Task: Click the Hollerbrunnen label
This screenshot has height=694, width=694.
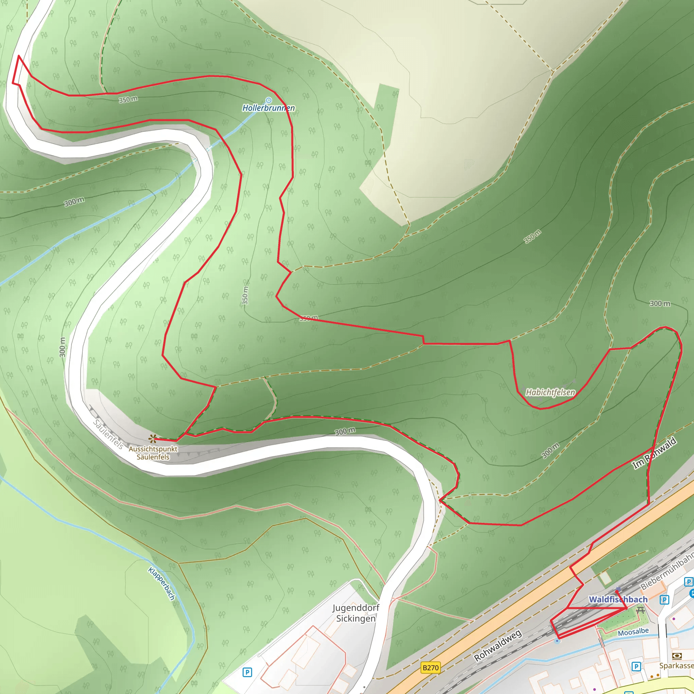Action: click(x=268, y=108)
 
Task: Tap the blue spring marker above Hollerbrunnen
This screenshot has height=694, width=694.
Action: click(x=268, y=100)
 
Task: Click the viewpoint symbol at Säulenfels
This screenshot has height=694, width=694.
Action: click(x=153, y=438)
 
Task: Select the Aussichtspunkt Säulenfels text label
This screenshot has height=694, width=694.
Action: click(x=153, y=453)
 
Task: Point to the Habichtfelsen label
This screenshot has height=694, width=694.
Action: click(x=550, y=392)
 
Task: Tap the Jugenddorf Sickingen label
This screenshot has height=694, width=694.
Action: click(x=355, y=613)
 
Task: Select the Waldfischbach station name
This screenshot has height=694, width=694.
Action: click(x=618, y=599)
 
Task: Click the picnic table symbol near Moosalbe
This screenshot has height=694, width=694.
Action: click(x=640, y=610)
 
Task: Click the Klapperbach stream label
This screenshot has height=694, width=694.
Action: click(x=161, y=584)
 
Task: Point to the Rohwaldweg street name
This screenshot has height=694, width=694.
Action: click(x=497, y=646)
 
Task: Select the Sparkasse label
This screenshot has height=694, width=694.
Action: click(x=676, y=666)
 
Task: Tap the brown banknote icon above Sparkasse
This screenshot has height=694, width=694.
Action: click(x=677, y=656)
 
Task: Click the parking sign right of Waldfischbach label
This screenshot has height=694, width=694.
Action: click(x=664, y=599)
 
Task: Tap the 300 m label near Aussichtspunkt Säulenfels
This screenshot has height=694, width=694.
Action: click(x=345, y=431)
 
